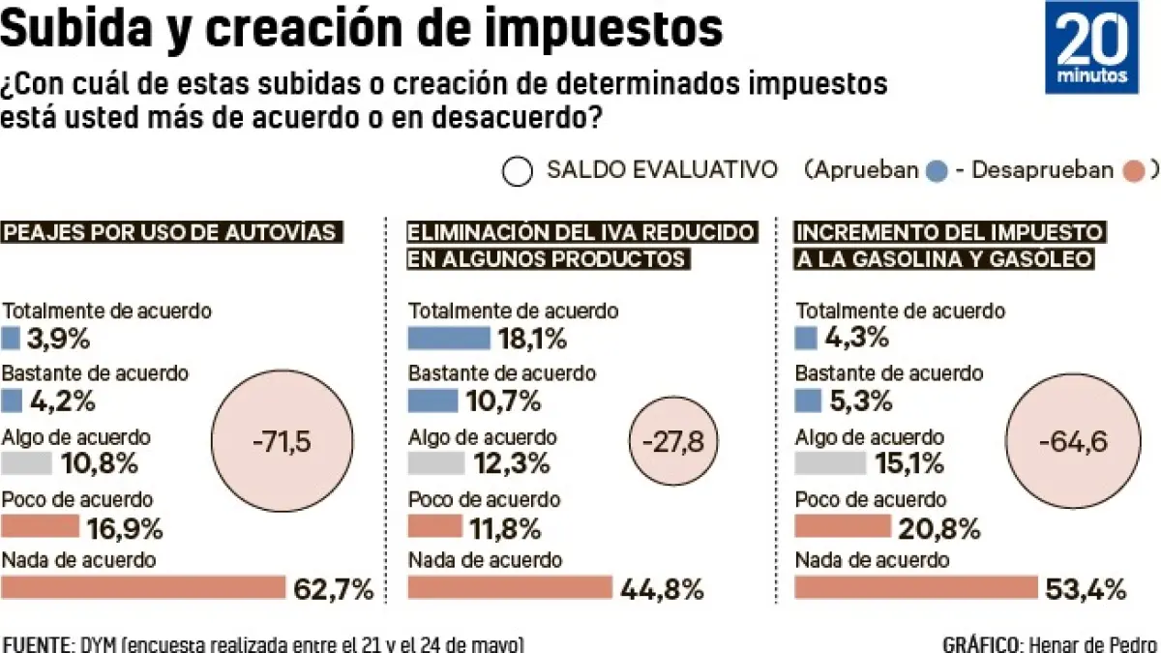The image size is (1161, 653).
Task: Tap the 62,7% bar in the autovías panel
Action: (144, 587)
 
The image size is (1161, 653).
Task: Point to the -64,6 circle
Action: (1060, 441)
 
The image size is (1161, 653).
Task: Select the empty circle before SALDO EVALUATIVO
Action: (518, 172)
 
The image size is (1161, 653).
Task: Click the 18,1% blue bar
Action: (449, 338)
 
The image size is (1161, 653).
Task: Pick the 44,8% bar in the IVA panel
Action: (510, 587)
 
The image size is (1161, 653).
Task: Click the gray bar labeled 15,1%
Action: (829, 463)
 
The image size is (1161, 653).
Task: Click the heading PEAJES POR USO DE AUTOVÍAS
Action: (171, 232)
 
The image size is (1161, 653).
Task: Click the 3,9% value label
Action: (59, 339)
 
